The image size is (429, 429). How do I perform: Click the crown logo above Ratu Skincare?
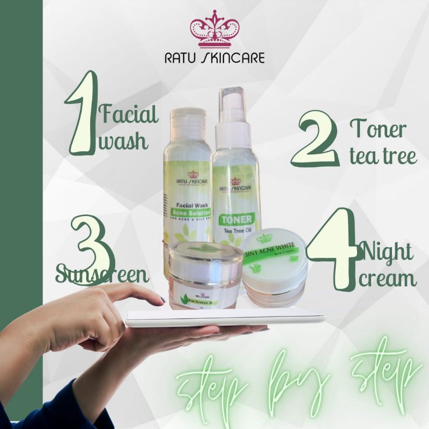point(214,29)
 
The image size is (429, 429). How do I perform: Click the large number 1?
point(82,115)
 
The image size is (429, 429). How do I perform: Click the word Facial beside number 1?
point(129,114)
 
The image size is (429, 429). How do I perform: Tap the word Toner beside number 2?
point(378,130)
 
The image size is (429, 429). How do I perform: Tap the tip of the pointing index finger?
point(161,300)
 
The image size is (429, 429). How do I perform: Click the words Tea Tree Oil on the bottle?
point(236,231)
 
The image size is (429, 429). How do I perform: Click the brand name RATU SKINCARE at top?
point(214,57)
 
